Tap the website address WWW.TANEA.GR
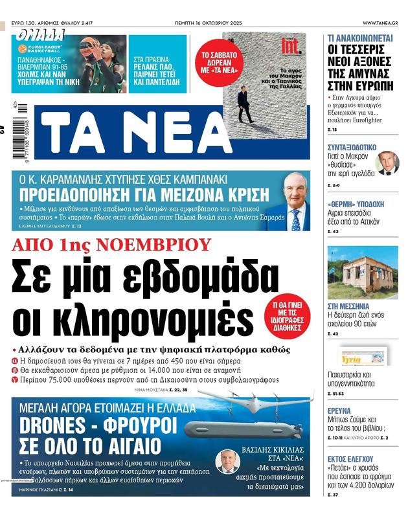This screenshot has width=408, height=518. (x=380, y=23)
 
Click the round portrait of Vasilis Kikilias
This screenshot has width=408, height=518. (x=228, y=461)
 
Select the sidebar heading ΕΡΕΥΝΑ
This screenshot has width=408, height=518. (x=339, y=411)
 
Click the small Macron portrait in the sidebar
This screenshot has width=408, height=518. (x=387, y=163)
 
